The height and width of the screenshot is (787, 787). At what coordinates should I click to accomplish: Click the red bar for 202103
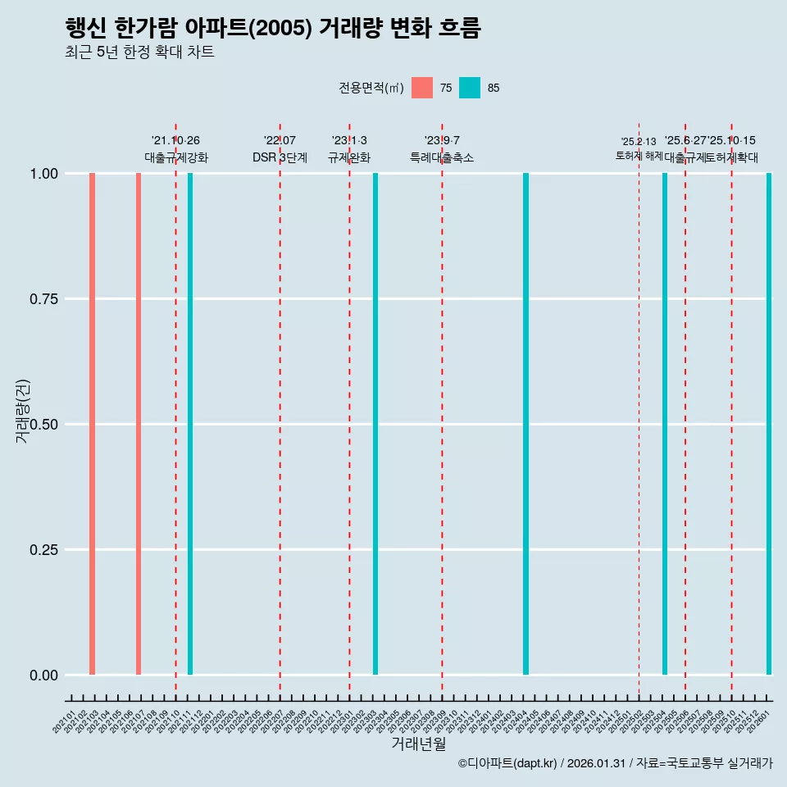[x=93, y=424]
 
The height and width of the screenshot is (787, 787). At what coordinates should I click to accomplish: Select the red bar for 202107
[x=139, y=424]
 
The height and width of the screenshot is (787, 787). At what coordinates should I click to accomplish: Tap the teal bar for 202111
[x=190, y=424]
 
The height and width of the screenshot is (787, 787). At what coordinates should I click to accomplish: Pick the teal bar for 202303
[x=375, y=424]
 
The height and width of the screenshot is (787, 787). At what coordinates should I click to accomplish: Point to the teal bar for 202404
[x=525, y=424]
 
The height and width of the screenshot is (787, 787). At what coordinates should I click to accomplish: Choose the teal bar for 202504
[x=665, y=424]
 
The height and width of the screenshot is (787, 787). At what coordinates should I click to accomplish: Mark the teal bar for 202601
[x=769, y=424]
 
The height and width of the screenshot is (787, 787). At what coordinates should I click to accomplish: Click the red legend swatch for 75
[x=422, y=88]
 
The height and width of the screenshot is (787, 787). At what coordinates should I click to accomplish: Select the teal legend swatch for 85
[x=470, y=88]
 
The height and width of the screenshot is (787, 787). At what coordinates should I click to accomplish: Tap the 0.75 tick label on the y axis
[x=42, y=299]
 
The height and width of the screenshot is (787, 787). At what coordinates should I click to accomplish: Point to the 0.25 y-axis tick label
[x=42, y=550]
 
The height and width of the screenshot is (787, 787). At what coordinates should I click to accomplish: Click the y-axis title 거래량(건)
[x=23, y=411]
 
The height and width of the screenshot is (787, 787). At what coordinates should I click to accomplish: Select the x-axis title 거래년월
[x=418, y=744]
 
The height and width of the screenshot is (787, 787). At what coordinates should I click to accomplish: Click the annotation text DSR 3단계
[x=280, y=157]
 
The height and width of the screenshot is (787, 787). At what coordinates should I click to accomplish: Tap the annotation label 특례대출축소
[x=442, y=157]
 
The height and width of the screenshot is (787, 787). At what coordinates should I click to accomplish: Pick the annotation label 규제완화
[x=349, y=157]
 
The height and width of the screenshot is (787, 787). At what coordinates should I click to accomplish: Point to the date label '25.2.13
[x=639, y=142]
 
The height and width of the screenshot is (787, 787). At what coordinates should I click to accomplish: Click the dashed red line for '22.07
[x=280, y=410]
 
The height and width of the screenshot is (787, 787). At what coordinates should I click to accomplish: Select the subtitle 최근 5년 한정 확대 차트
[x=139, y=52]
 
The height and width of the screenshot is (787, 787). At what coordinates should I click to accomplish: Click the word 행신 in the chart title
[x=85, y=28]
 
